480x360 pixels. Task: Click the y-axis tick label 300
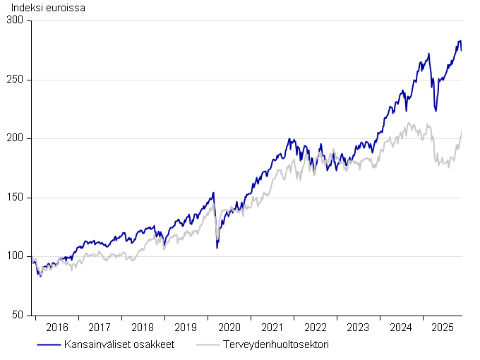[x=16, y=21]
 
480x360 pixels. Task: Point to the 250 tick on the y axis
[x=16, y=80]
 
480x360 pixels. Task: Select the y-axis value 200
[x=16, y=139]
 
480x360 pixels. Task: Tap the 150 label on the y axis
[x=16, y=198]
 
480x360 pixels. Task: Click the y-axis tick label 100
[x=16, y=256]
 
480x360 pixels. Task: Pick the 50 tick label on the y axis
[x=18, y=316]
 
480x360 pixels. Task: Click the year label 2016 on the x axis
[x=56, y=328]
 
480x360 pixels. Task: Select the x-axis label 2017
[x=100, y=328]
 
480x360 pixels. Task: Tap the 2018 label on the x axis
[x=143, y=328]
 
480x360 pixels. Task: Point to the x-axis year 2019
[x=186, y=328]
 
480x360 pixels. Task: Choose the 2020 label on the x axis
[x=229, y=328]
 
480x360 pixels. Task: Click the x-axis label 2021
[x=272, y=328]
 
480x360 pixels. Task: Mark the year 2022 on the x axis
[x=315, y=328]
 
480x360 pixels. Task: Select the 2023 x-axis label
[x=358, y=328]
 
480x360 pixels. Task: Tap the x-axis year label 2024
[x=401, y=328]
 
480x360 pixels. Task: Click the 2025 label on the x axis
[x=444, y=328]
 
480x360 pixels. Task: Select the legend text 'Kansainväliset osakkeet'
[x=119, y=344]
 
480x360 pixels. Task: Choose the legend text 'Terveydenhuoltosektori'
[x=275, y=344]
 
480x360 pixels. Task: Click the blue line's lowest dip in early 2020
[x=217, y=248]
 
